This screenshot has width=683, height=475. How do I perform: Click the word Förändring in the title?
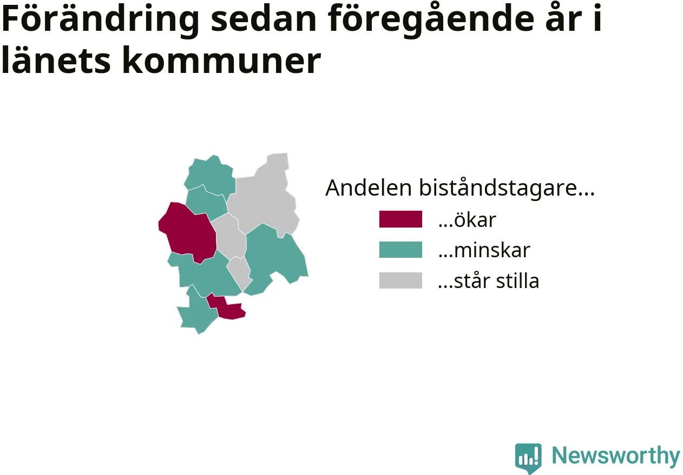point(101,19)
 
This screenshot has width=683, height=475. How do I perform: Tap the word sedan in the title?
point(264,19)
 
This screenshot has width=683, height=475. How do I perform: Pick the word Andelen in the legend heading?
point(369,188)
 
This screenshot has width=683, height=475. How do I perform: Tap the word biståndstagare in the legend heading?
point(507,188)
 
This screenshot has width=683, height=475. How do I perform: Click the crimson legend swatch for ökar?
point(400,219)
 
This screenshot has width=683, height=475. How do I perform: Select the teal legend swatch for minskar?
point(400,250)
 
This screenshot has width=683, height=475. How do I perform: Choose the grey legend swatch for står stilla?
point(400,280)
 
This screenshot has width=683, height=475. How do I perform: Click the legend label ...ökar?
point(467,219)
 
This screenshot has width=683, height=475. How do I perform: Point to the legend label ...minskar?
point(484,250)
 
